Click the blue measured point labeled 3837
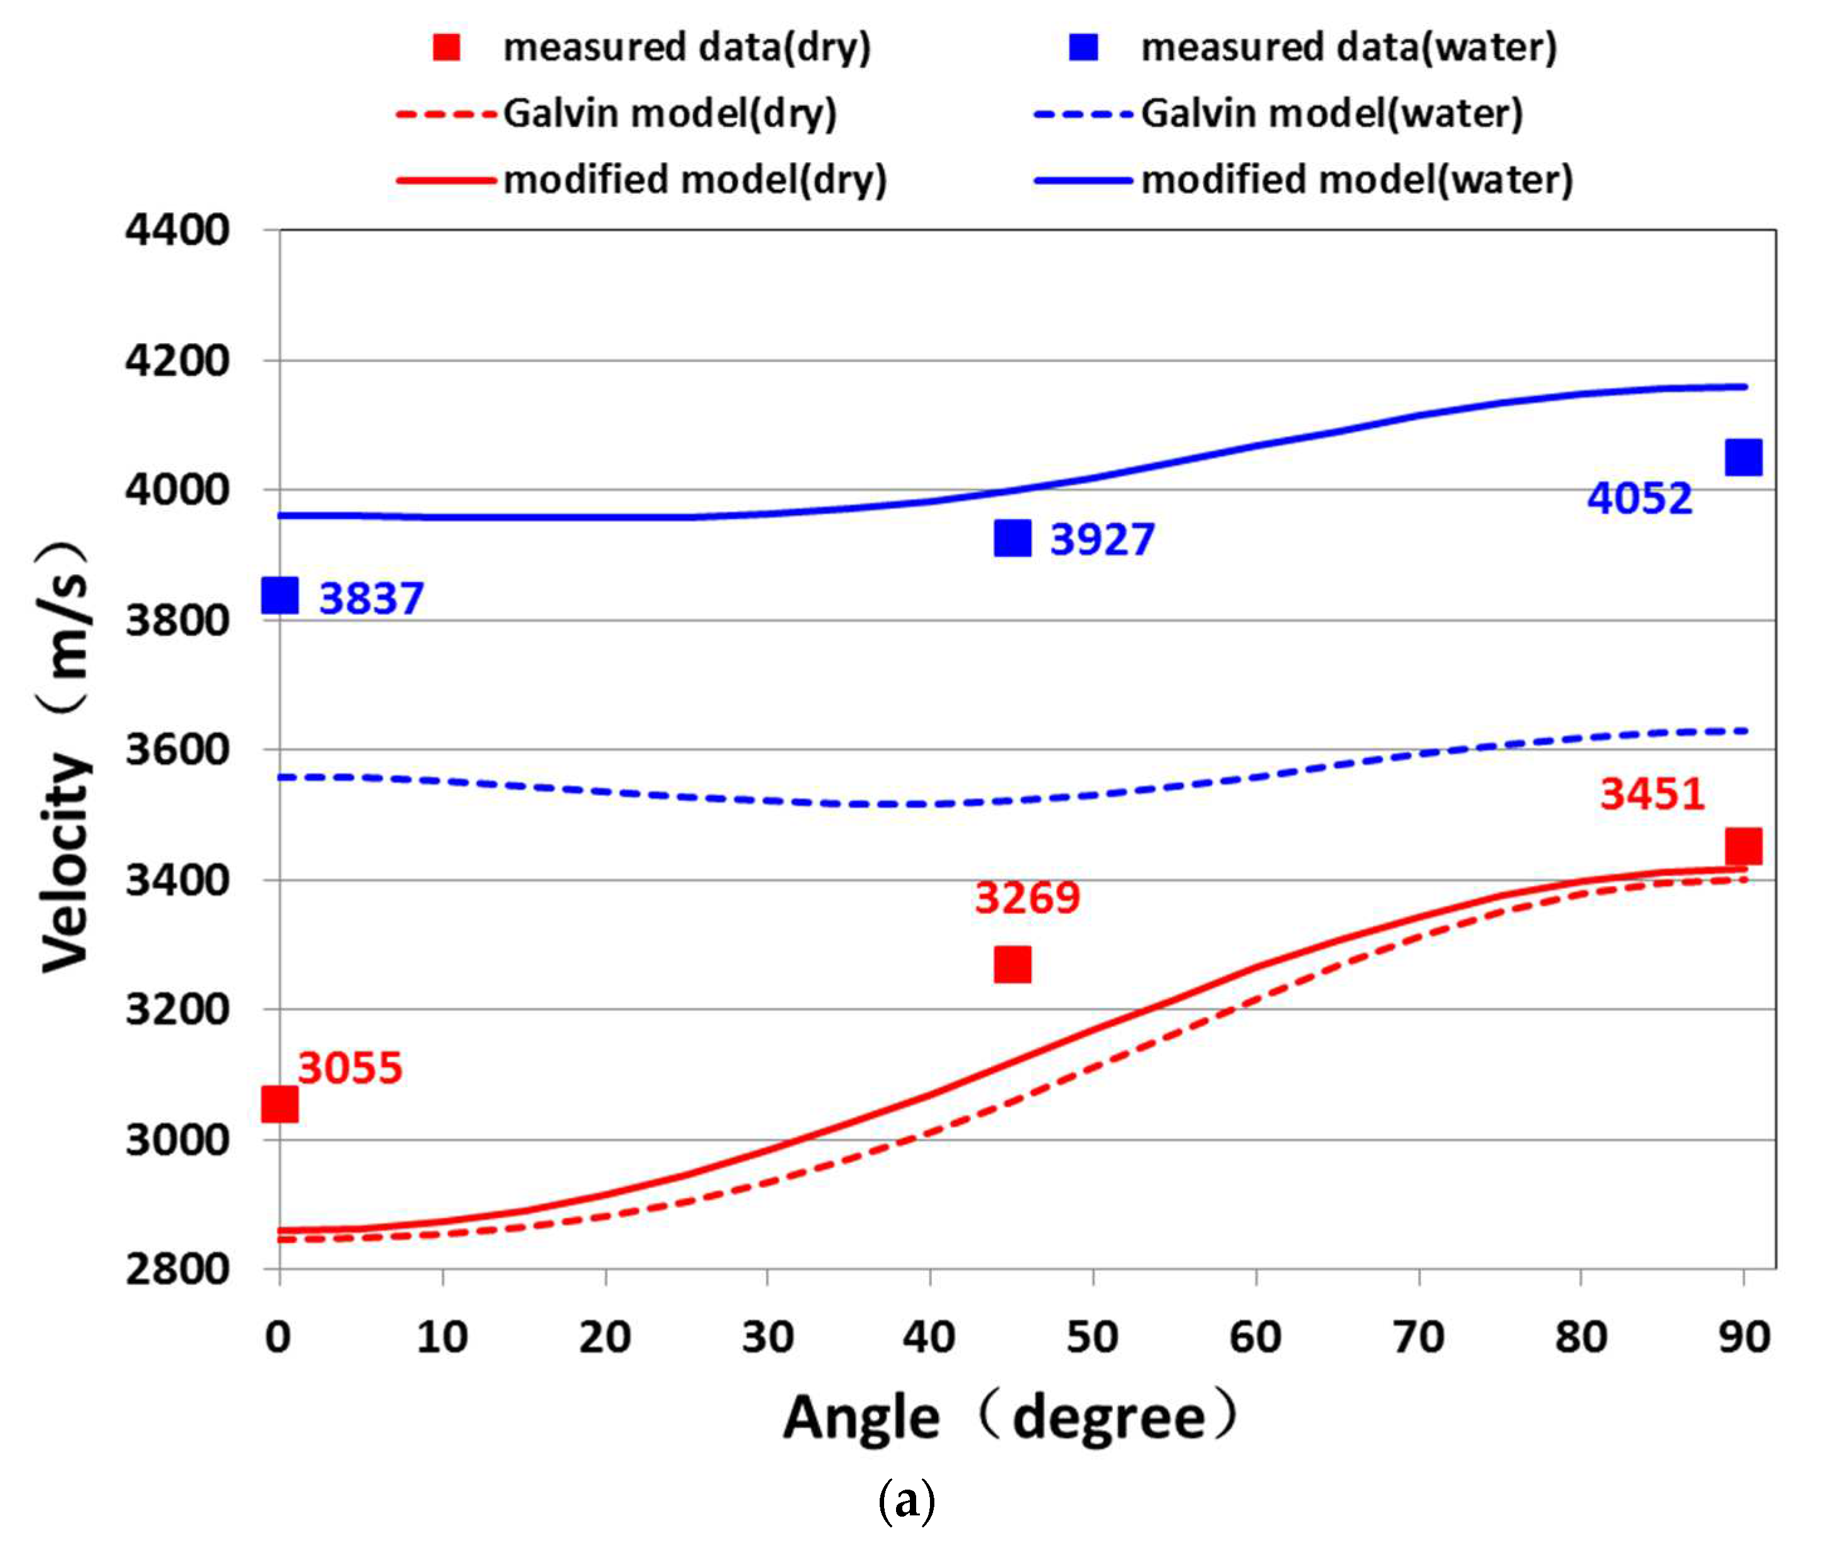click(x=280, y=596)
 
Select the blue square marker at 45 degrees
click(x=1012, y=538)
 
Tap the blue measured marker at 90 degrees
click(x=1743, y=457)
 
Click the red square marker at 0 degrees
click(x=280, y=1103)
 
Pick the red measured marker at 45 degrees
click(x=1012, y=964)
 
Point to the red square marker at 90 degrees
click(x=1743, y=846)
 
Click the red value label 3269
click(x=1027, y=898)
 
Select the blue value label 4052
click(x=1639, y=499)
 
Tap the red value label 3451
click(x=1651, y=794)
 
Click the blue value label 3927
click(x=1102, y=540)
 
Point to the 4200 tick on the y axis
click(x=177, y=361)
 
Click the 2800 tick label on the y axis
click(x=177, y=1269)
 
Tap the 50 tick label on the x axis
click(x=1093, y=1337)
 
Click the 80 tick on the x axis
click(x=1581, y=1337)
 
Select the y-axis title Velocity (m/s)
click(x=66, y=758)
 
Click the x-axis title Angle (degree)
click(x=1010, y=1418)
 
